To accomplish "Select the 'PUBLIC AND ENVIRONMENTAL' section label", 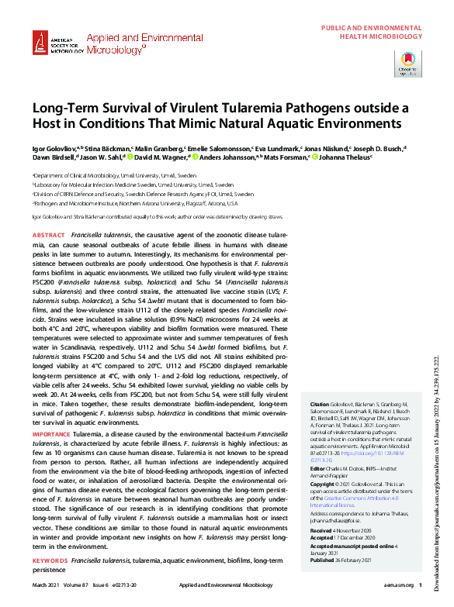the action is (372, 29).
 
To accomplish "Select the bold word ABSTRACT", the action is (50, 234).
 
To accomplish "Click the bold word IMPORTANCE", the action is (51, 435).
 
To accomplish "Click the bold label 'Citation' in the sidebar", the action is (319, 426).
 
